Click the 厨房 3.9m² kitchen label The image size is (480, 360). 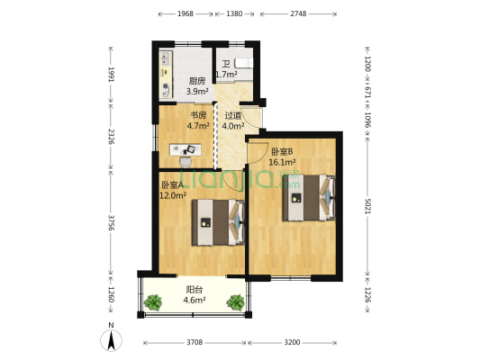(x=196, y=85)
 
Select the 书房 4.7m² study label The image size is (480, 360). (x=198, y=121)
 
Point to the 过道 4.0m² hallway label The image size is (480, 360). (x=233, y=121)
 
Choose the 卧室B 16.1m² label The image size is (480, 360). (x=283, y=157)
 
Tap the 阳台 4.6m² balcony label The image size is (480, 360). (x=194, y=295)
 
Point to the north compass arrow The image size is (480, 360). (x=110, y=340)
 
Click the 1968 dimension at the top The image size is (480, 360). (x=185, y=14)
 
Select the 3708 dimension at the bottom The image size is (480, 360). (x=193, y=343)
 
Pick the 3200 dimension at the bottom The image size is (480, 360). (x=293, y=343)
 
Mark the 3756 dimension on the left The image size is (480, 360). (x=111, y=222)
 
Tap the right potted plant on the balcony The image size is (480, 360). (x=235, y=301)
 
